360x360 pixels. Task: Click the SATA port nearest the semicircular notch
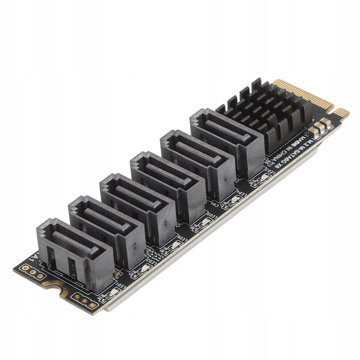[75, 252]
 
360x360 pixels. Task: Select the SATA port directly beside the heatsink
[227, 142]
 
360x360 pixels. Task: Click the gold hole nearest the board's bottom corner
[93, 303]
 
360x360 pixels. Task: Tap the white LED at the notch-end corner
[113, 290]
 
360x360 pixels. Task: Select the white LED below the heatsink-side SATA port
[264, 176]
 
